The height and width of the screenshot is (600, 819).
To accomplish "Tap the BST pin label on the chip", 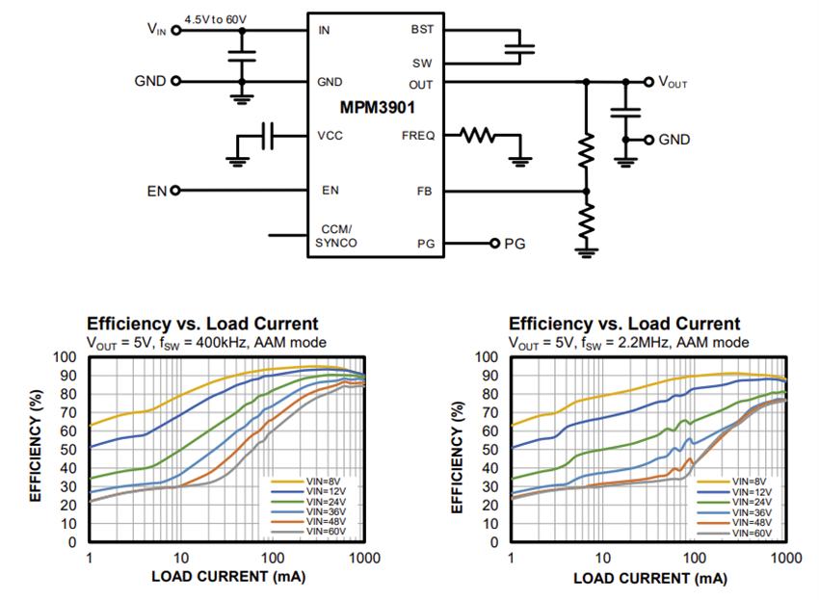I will point(422,30).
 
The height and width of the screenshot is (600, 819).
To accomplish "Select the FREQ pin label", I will point(418,136).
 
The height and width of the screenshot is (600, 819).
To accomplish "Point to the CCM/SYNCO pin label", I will point(336,236).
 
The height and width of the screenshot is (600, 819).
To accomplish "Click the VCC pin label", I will point(330,136).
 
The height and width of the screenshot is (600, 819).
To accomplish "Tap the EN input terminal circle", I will point(175,191).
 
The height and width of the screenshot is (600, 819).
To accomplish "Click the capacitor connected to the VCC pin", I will point(269,136).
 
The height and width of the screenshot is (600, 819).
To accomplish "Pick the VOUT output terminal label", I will point(672,83).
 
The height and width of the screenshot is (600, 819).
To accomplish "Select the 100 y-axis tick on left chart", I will point(66,356).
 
